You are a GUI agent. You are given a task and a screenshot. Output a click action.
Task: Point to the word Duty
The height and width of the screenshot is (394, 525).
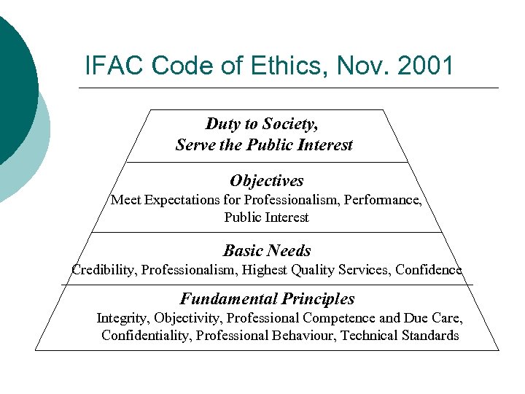click(x=222, y=123)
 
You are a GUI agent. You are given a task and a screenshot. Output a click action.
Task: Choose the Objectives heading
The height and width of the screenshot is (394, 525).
click(x=267, y=180)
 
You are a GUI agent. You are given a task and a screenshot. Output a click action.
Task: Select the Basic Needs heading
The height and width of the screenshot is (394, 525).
click(x=267, y=250)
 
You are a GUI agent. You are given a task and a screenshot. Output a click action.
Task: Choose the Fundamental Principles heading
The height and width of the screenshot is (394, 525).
click(x=267, y=298)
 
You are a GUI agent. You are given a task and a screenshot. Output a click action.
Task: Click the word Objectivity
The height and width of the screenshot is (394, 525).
click(x=189, y=318)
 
